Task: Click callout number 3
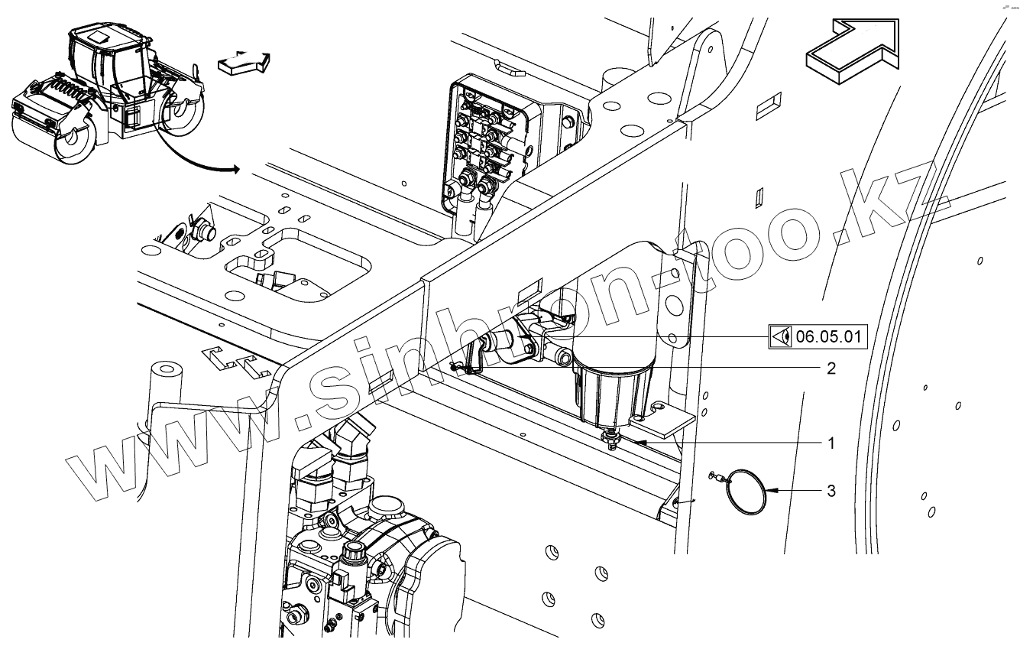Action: coord(831,490)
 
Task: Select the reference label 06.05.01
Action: coord(828,336)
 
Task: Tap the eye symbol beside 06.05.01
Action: coord(780,336)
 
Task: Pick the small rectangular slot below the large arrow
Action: coord(769,106)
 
